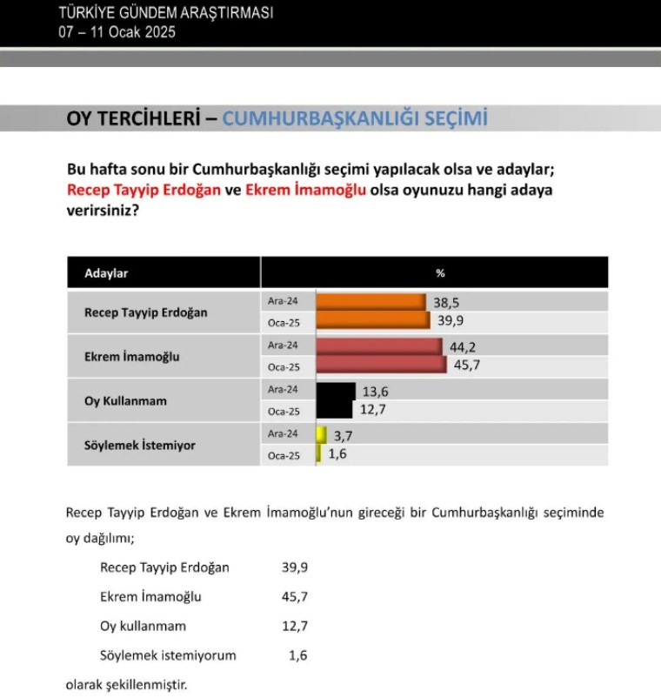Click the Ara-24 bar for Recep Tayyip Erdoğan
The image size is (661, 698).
coord(371,301)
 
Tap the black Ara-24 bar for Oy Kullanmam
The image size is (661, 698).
coord(336,390)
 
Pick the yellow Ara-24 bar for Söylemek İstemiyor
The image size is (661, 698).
coord(321,433)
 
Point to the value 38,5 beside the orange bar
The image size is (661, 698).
coord(444,301)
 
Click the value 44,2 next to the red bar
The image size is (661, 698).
coord(460,346)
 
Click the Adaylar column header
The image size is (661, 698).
coord(106,273)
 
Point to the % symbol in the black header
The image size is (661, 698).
coord(440,273)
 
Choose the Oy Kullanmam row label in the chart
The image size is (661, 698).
coord(125,401)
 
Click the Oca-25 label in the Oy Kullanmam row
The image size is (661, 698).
coord(283,411)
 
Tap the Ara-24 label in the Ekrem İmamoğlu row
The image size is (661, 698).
coord(283,345)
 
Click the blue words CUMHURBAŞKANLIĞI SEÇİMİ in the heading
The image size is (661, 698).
coord(355,119)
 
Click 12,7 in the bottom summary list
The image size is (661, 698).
coord(296,626)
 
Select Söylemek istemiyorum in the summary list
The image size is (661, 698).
coord(168,655)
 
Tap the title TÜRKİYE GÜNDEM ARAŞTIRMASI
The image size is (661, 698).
coord(165,13)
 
